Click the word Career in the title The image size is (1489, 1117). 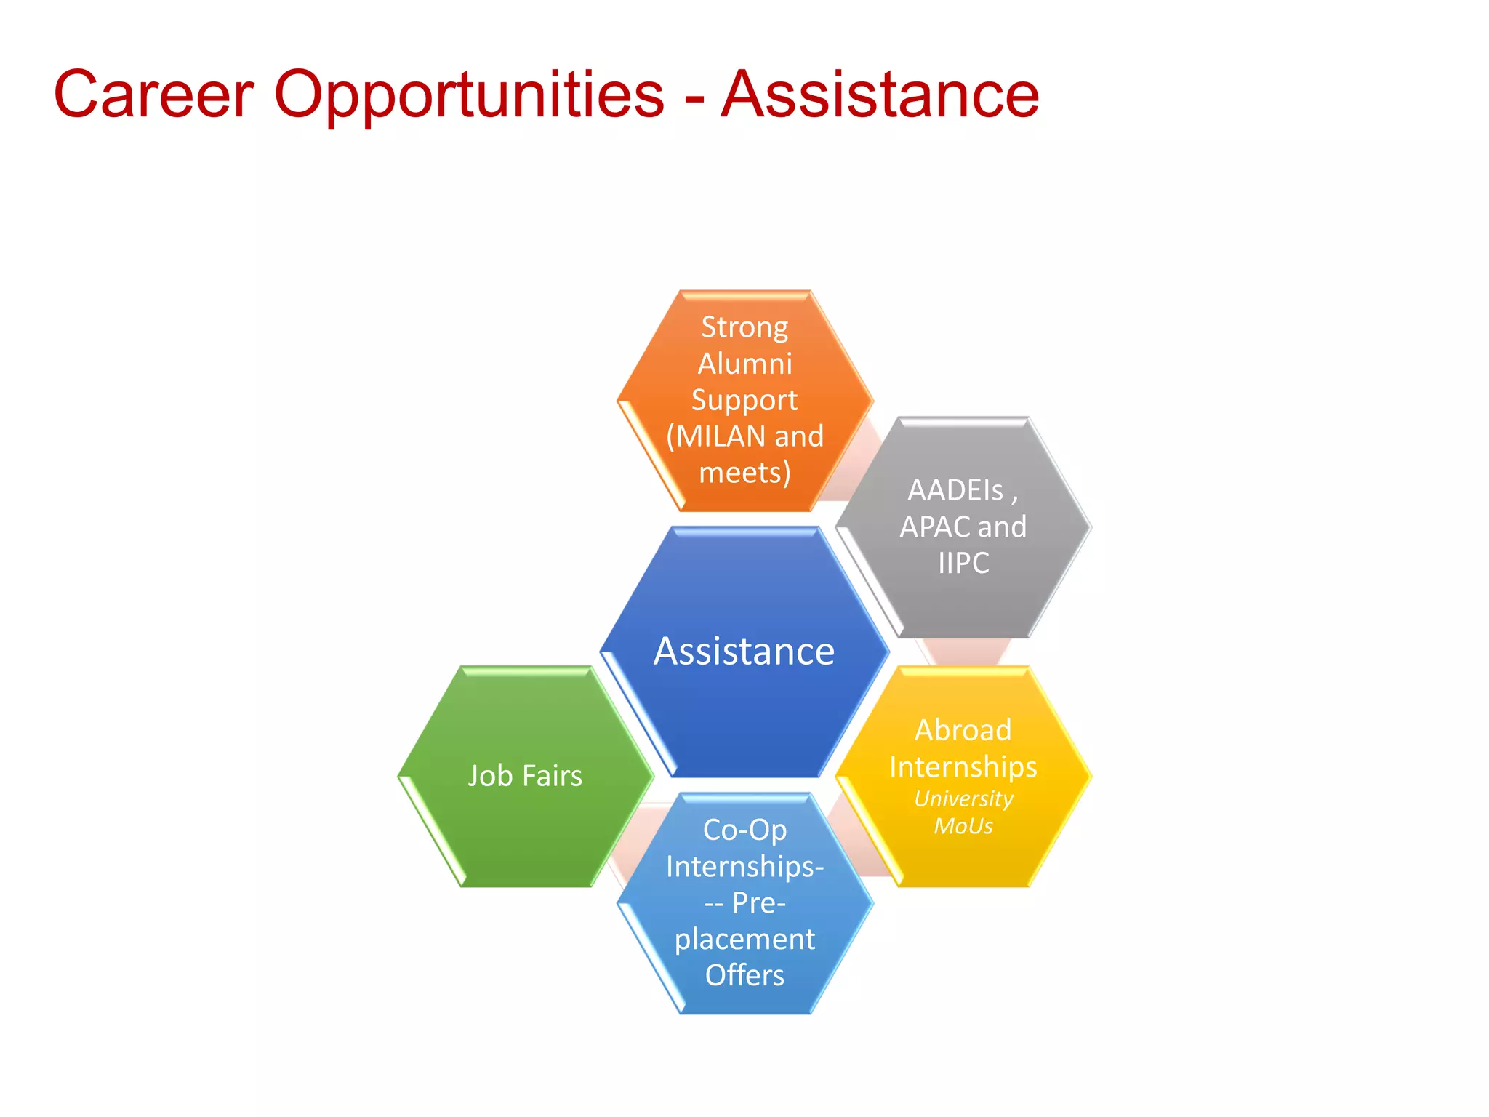(153, 94)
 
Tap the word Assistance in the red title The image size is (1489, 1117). (880, 94)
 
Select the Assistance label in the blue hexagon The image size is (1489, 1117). (744, 651)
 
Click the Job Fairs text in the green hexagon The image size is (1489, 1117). (525, 776)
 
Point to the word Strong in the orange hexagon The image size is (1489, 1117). (744, 328)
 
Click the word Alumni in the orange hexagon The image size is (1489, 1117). (744, 364)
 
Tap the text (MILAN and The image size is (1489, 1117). (744, 436)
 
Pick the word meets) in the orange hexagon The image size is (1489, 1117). (744, 473)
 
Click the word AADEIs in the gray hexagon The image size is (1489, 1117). (955, 490)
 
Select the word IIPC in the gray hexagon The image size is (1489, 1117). (963, 563)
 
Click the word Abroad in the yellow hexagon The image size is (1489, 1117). (963, 730)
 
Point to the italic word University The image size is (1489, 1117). (963, 798)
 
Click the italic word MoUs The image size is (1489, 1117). (963, 826)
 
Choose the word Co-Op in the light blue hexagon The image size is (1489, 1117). (744, 830)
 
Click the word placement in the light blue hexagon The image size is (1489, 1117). (744, 940)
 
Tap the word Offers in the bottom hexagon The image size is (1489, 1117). (744, 975)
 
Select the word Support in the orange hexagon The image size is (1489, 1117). (744, 401)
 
